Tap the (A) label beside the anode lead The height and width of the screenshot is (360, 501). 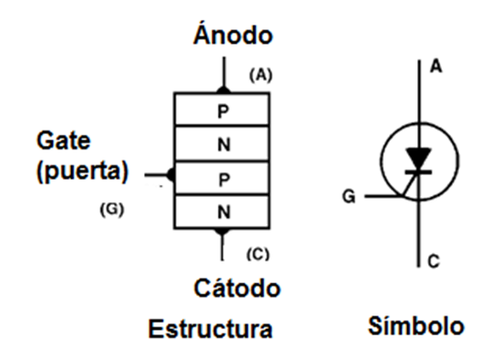click(261, 75)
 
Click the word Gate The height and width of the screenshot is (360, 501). click(64, 140)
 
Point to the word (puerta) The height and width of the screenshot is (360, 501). click(82, 170)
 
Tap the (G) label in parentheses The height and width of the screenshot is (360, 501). click(112, 210)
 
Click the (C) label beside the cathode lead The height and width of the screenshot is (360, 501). click(258, 254)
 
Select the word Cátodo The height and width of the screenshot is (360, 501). click(237, 288)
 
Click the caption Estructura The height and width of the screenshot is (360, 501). click(210, 329)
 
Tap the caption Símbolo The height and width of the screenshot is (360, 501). click(416, 325)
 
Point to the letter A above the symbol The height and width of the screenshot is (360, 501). click(436, 67)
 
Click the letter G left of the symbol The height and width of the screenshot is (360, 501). click(349, 196)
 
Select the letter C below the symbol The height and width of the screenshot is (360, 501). click(434, 261)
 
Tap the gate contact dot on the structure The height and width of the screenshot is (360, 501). click(171, 175)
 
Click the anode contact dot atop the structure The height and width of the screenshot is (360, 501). click(224, 90)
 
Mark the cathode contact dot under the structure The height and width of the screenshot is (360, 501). click(221, 231)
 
